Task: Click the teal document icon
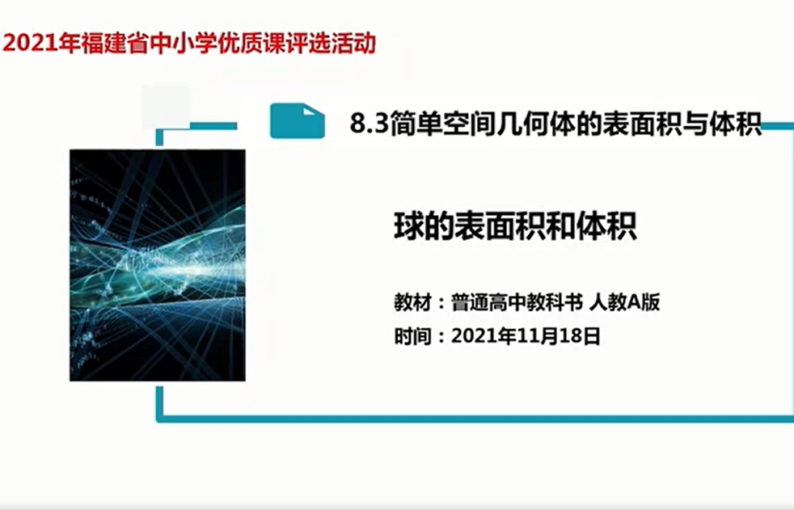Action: point(298,120)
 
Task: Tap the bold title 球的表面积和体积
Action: point(515,226)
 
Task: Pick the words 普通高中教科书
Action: point(517,302)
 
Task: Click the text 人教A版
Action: point(624,302)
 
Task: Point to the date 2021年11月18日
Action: point(526,336)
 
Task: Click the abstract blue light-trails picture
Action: point(158,265)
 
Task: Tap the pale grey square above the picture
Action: point(166,106)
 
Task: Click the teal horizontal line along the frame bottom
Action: point(475,419)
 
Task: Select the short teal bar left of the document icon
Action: point(213,126)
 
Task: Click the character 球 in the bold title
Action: point(408,226)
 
